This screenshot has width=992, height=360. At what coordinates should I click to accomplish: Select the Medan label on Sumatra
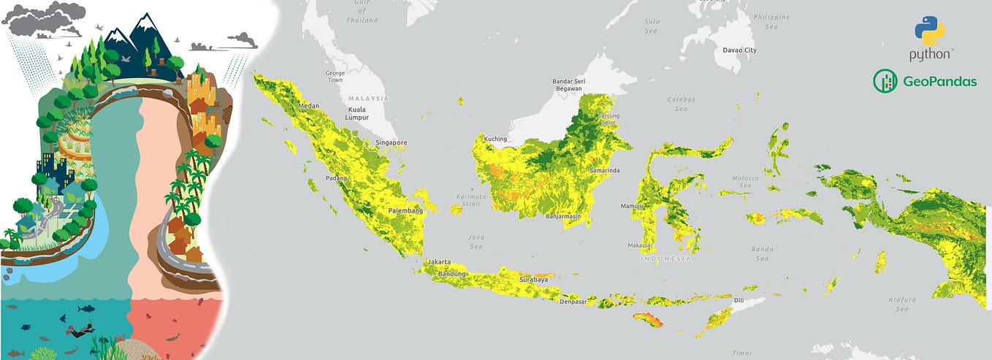[x=309, y=107]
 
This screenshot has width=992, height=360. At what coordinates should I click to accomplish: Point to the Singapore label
[x=391, y=142]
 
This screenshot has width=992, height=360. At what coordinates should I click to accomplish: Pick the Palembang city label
[x=405, y=210]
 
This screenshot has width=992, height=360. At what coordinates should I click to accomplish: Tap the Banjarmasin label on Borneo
[x=563, y=216]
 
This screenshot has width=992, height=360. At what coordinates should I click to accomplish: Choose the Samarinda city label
[x=604, y=170]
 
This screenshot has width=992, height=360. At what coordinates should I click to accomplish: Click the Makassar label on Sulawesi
[x=641, y=245]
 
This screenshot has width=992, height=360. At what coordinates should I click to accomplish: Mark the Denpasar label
[x=573, y=302]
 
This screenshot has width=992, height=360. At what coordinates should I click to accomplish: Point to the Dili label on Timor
[x=739, y=300]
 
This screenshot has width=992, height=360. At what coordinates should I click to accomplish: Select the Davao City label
[x=739, y=50]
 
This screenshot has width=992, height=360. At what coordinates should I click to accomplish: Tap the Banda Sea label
[x=762, y=253]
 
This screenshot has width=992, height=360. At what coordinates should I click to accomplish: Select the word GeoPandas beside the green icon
[x=939, y=82]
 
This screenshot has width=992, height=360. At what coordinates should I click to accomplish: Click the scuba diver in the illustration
[x=77, y=331]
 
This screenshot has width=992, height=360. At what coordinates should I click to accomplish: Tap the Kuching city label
[x=495, y=139]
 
